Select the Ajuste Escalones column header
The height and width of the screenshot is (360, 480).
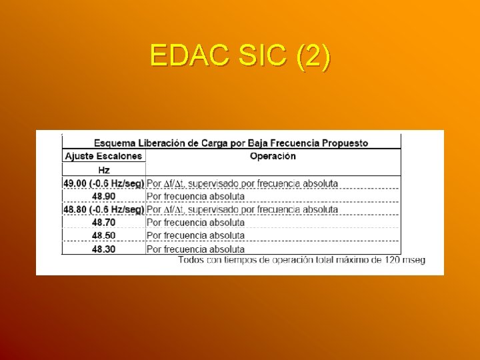click(x=103, y=156)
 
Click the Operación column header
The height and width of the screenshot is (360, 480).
click(x=273, y=156)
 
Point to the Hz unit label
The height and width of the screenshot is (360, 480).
click(x=103, y=170)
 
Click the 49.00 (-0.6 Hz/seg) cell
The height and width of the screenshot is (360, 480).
click(x=103, y=183)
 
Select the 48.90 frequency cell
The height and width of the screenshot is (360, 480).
click(x=103, y=197)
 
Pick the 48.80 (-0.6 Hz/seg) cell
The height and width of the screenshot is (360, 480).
click(x=103, y=209)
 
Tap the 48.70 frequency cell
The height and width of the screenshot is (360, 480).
click(x=103, y=223)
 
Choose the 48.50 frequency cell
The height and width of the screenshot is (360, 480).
click(x=103, y=235)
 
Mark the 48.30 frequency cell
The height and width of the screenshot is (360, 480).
click(x=103, y=249)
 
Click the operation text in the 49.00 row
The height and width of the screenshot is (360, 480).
click(x=242, y=183)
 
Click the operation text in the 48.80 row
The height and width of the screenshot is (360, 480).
click(x=242, y=209)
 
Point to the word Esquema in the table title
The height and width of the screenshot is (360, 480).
click(x=114, y=143)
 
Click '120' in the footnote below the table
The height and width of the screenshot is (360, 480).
click(x=392, y=260)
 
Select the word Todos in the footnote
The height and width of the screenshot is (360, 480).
click(x=192, y=260)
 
